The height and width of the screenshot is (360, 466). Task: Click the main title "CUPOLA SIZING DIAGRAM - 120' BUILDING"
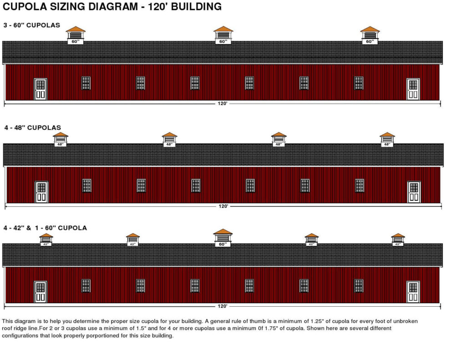[x=112, y=6]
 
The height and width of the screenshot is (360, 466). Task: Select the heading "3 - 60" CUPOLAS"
[x=32, y=25]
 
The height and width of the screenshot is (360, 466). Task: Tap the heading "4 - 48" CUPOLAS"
[x=32, y=128]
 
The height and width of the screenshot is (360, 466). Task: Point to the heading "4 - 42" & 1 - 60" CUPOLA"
[x=45, y=228]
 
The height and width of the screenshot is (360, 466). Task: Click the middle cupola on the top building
[x=223, y=35]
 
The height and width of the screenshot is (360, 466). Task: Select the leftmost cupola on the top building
[x=76, y=35]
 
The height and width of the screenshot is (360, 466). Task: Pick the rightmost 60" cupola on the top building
[x=370, y=35]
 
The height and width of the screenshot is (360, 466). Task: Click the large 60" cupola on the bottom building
[x=223, y=238]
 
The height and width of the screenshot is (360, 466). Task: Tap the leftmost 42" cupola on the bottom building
[x=46, y=240]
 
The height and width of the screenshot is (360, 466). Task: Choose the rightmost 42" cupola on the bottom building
[x=398, y=240]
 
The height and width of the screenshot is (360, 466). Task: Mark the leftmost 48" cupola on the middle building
[x=61, y=139]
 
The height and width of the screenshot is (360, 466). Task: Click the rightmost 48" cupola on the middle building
[x=387, y=139]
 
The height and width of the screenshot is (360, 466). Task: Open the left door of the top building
[x=41, y=89]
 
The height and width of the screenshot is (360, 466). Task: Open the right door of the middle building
[x=414, y=192]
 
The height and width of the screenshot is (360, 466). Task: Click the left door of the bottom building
[x=41, y=292]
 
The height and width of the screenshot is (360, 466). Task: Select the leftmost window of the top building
[x=86, y=83]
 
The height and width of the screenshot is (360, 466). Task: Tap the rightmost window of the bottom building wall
[x=359, y=286]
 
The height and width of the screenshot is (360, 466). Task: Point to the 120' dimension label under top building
[x=222, y=103]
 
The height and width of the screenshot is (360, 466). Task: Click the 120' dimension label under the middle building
[x=223, y=206]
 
